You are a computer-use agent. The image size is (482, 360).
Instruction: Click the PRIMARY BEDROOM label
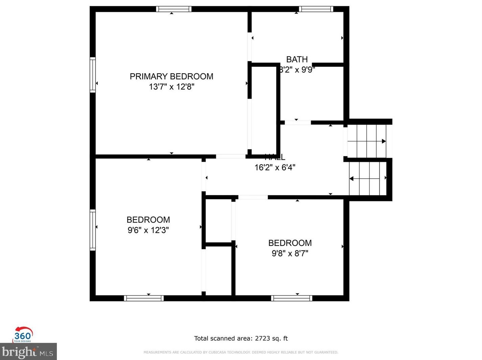[171, 76]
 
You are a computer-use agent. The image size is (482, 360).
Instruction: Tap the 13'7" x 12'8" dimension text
[171, 87]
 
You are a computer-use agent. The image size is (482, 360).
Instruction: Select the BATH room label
[297, 59]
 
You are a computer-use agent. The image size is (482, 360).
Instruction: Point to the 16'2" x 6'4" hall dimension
[275, 168]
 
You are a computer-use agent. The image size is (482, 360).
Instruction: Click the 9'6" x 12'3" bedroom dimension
[148, 230]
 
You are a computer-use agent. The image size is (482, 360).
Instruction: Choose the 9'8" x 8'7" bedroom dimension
[290, 253]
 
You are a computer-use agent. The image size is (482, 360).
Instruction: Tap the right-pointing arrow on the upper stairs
[384, 141]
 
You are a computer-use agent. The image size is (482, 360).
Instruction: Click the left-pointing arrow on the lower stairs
[352, 179]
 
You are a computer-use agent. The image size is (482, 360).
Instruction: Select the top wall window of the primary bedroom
[174, 9]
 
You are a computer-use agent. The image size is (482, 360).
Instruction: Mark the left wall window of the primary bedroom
[93, 75]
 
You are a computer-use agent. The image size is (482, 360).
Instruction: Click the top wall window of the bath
[316, 9]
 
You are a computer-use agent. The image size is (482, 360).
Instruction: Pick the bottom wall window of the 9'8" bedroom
[291, 298]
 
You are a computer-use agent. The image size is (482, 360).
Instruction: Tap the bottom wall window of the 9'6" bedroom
[144, 298]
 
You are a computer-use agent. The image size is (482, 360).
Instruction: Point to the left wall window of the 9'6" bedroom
[93, 230]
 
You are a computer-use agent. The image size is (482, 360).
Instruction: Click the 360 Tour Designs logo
[23, 335]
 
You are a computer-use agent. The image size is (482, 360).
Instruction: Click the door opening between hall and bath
[297, 123]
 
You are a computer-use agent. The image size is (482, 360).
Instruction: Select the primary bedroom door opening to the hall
[231, 156]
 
